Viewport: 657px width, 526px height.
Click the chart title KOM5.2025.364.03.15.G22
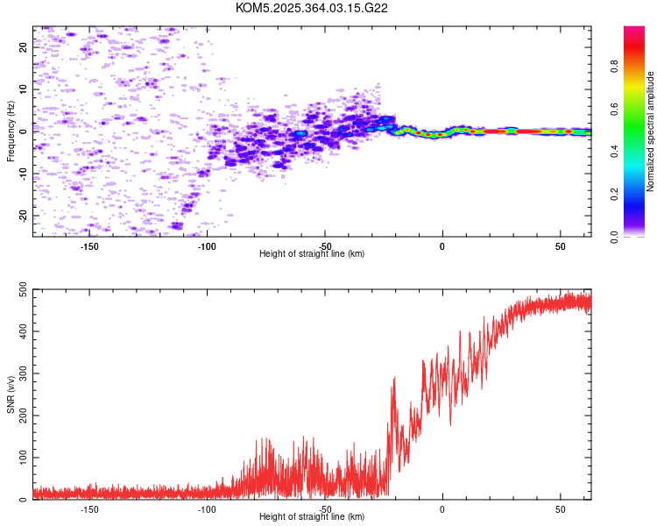point(312,8)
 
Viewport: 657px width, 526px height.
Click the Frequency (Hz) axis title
point(11,131)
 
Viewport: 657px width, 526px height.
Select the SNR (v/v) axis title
point(11,395)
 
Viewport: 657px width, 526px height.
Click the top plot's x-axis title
point(312,253)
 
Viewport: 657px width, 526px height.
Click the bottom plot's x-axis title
point(312,517)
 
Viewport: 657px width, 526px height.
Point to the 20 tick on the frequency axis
point(23,47)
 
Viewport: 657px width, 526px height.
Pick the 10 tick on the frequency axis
point(23,89)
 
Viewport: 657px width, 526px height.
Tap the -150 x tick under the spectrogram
point(89,245)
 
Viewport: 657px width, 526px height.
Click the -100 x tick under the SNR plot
point(208,509)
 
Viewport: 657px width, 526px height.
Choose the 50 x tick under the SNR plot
point(560,509)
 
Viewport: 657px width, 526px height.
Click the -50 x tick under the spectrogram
point(325,245)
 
